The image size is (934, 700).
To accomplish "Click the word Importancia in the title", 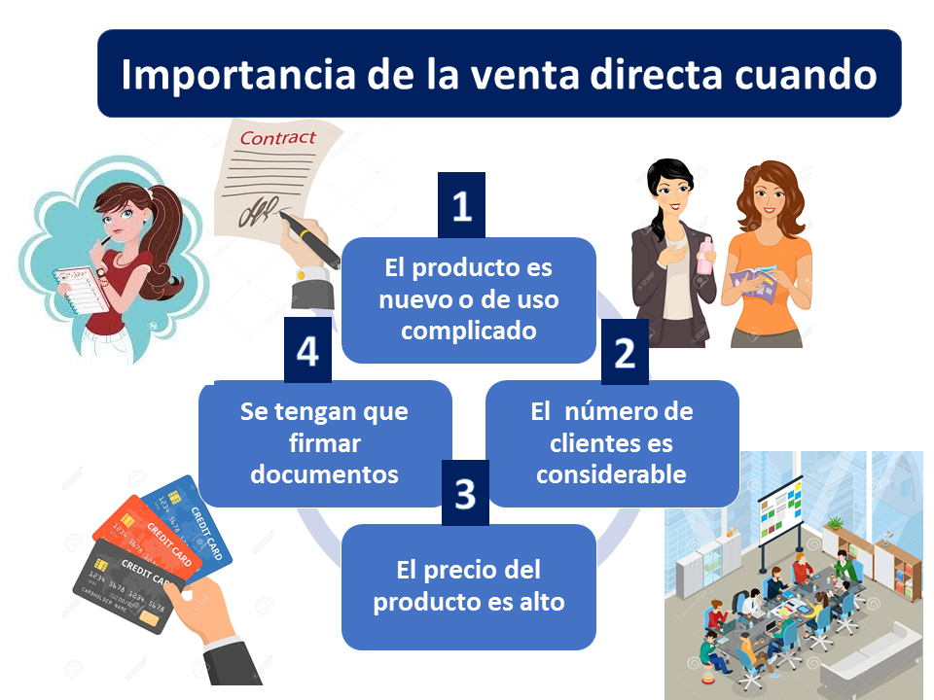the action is click(238, 75).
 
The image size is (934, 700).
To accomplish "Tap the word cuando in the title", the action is click(806, 75).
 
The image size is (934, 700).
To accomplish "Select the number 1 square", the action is click(461, 205).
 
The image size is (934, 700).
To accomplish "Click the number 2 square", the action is click(625, 352).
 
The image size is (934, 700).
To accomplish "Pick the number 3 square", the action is click(465, 492).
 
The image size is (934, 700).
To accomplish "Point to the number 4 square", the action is click(307, 350).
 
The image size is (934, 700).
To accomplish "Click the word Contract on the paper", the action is click(277, 138).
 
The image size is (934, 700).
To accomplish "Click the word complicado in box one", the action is click(469, 331).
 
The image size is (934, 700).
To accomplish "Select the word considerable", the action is click(611, 474).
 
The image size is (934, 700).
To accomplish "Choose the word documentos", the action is click(325, 474).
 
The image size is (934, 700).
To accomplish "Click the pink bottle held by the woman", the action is click(705, 255).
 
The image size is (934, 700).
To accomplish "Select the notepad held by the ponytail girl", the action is click(81, 290).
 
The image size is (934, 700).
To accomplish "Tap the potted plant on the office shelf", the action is click(836, 524).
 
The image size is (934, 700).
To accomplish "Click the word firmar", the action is click(325, 443).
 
